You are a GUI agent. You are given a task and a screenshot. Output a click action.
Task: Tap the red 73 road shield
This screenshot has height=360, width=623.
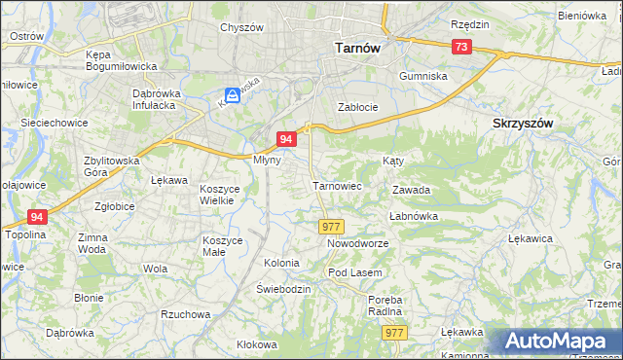point(461,48)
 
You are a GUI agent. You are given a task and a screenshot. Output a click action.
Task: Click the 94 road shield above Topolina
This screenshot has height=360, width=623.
point(37,217)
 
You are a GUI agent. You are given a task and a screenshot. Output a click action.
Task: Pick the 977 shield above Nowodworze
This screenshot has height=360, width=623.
point(330,226)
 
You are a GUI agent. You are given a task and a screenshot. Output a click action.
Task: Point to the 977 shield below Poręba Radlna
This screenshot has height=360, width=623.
point(393,333)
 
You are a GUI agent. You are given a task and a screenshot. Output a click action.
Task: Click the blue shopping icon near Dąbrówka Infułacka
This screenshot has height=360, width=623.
point(233,95)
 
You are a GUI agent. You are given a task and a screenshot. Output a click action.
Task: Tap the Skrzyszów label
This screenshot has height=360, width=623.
point(523,124)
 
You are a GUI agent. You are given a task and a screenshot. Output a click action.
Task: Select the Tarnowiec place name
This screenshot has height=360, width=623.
point(337,185)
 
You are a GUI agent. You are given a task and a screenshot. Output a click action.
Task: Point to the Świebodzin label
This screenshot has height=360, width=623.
point(283,290)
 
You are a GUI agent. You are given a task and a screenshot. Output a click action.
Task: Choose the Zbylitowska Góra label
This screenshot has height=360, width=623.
point(112,165)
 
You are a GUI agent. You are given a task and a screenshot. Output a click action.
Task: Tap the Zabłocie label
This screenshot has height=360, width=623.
point(356,107)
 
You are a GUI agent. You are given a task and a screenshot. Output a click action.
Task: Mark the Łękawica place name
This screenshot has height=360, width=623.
point(531,237)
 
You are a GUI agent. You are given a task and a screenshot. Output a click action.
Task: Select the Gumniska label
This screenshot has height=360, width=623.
point(423,75)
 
